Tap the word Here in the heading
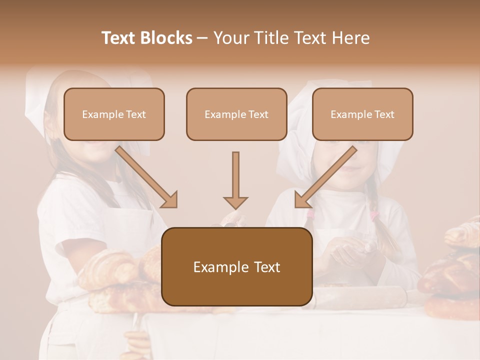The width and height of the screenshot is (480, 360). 350,38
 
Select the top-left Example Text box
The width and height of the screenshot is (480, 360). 114,114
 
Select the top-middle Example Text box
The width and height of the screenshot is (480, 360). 236,114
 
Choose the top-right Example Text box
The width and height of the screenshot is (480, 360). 362,114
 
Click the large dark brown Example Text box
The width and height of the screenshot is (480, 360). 236,266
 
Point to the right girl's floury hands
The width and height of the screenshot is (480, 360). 347,250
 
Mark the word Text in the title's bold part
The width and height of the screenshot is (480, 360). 119,38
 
